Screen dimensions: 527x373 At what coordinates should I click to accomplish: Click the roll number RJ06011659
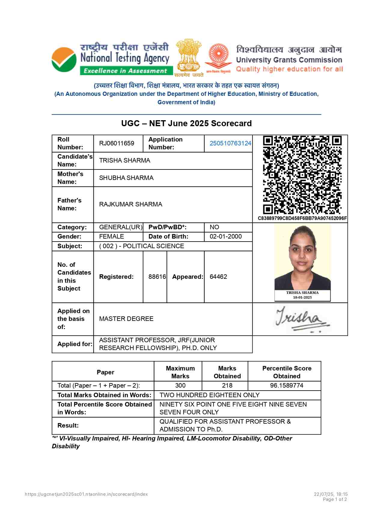tap(117, 143)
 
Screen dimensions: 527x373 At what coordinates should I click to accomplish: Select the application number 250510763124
tap(230, 143)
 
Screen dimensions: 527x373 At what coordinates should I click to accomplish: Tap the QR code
tap(302, 175)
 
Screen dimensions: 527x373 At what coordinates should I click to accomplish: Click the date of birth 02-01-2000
tap(226, 236)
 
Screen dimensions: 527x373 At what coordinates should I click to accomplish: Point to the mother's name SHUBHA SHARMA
tap(126, 178)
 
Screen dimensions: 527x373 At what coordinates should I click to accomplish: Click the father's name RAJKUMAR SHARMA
tap(130, 204)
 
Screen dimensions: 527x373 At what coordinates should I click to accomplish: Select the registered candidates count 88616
tap(157, 277)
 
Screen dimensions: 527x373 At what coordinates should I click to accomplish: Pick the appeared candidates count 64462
tap(218, 277)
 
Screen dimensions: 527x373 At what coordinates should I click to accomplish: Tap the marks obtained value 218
tap(227, 385)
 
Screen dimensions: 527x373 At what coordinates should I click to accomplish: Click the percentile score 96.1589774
tap(287, 385)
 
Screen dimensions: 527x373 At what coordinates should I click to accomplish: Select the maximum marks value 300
tap(180, 385)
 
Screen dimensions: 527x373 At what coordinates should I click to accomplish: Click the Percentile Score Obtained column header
tap(287, 372)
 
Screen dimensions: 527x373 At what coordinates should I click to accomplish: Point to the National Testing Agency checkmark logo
tap(64, 59)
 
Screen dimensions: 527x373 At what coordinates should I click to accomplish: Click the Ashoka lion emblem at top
tap(188, 56)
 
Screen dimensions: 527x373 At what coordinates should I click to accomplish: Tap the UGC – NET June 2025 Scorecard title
tap(186, 123)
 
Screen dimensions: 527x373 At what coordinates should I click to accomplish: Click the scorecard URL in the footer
tap(86, 494)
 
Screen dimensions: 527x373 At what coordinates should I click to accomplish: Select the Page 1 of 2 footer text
tap(335, 499)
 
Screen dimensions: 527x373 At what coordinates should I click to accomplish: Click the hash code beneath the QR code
tap(302, 218)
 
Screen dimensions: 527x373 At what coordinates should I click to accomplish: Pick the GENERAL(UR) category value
tap(121, 227)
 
